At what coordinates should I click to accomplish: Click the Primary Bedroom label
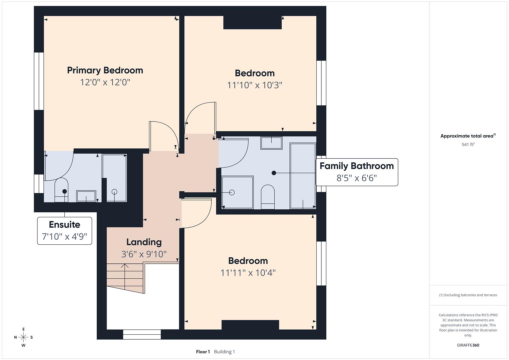click(x=105, y=70)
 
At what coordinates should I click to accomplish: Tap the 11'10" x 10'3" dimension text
click(x=255, y=85)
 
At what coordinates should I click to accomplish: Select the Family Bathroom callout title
click(x=357, y=166)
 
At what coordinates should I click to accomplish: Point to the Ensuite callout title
click(x=65, y=225)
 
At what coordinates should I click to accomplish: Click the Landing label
click(x=144, y=242)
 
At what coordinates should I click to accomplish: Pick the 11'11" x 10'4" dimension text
click(x=248, y=273)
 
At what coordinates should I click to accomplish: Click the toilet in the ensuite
click(x=61, y=190)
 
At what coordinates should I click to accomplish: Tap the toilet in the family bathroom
click(x=268, y=197)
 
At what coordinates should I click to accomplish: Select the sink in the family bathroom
click(x=271, y=143)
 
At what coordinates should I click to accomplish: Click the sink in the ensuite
click(x=86, y=196)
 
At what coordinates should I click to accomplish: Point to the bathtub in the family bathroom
click(x=303, y=176)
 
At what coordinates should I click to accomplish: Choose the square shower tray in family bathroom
click(x=237, y=192)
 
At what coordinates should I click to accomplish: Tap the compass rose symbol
click(x=23, y=337)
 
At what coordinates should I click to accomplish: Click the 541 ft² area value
click(x=468, y=144)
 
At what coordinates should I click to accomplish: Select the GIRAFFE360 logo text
click(x=468, y=345)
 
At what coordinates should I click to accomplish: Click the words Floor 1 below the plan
click(x=203, y=352)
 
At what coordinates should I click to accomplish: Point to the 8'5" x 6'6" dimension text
click(x=357, y=178)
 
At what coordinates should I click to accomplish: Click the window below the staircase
click(x=142, y=334)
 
